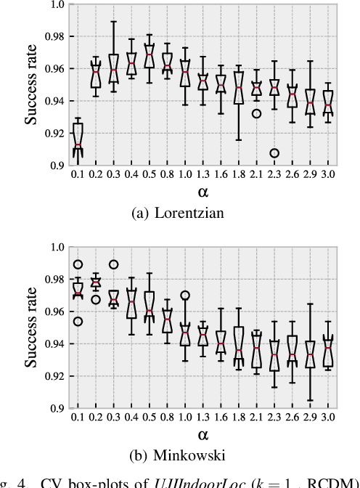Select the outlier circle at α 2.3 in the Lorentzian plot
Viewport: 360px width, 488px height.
pyautogui.click(x=275, y=153)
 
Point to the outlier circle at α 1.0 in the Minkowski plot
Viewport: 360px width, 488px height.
pyautogui.click(x=186, y=296)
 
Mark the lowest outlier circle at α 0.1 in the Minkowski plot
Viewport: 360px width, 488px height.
pyautogui.click(x=78, y=321)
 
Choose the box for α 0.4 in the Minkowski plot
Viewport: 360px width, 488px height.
pyautogui.click(x=132, y=303)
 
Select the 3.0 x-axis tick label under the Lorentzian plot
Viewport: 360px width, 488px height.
pyautogui.click(x=329, y=176)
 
